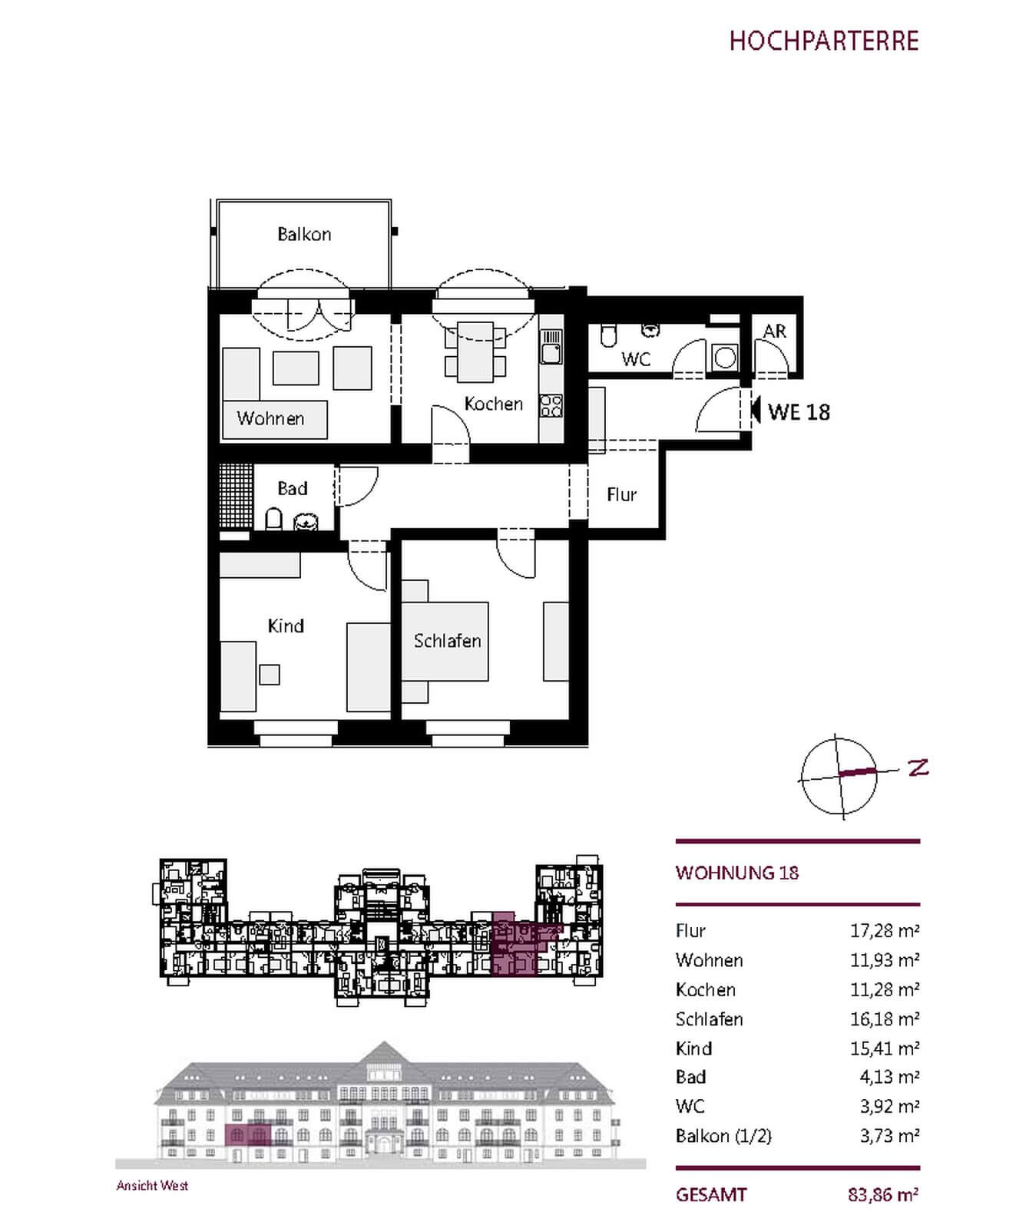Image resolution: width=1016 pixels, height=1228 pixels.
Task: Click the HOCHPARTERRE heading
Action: (x=824, y=41)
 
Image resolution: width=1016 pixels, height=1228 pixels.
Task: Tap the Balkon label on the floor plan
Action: (x=304, y=234)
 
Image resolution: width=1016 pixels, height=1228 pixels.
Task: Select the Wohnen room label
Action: (x=270, y=418)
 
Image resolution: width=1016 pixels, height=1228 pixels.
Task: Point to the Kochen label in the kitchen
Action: (x=493, y=404)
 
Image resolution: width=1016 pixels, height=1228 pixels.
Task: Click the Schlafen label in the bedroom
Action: (x=447, y=641)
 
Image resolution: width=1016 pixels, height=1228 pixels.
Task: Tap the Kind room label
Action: (x=286, y=626)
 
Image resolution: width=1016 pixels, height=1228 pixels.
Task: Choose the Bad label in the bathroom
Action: (x=292, y=489)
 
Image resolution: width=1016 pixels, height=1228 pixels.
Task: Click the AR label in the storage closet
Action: (x=775, y=331)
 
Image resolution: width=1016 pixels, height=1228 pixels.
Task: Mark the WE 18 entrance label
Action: (x=799, y=412)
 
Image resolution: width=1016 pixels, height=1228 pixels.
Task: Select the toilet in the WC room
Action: (x=608, y=335)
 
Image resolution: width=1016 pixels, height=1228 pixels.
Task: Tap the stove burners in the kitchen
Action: (x=551, y=406)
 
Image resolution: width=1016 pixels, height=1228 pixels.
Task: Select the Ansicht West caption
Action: (x=152, y=1186)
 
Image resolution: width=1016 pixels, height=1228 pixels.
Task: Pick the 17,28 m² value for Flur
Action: (x=885, y=931)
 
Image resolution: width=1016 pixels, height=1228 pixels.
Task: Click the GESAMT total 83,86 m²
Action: (x=884, y=1195)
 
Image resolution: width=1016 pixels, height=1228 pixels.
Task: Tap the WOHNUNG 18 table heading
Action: (x=737, y=873)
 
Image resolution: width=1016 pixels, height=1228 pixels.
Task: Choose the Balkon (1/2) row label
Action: (x=723, y=1136)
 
